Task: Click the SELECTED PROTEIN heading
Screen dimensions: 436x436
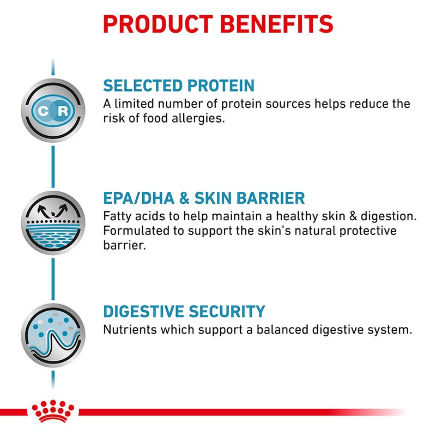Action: coord(179,86)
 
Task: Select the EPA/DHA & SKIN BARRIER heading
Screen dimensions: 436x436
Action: coord(204,198)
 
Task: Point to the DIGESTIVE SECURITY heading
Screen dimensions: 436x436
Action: coord(184,312)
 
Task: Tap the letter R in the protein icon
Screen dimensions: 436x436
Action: coord(63,111)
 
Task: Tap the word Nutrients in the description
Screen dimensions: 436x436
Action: coord(126,330)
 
